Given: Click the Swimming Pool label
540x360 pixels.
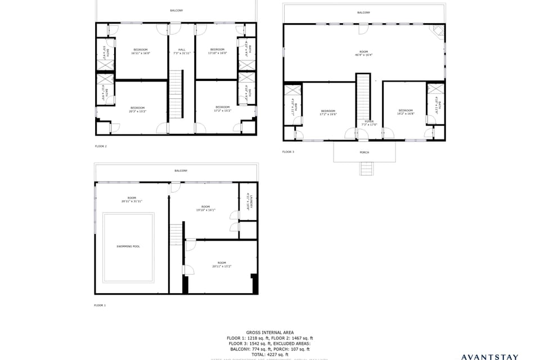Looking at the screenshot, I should point(128,246).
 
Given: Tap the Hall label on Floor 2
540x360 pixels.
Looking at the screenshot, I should point(182,49).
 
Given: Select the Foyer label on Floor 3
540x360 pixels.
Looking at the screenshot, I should point(369,121).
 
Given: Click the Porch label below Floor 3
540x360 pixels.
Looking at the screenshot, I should point(364,152).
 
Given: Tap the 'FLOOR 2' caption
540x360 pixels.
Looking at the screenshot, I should point(101,146).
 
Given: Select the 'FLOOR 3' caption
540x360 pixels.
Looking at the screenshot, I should point(288,152).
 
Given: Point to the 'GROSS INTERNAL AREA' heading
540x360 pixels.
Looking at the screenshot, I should point(269,332).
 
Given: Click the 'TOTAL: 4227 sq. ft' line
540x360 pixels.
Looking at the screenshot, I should point(269,354).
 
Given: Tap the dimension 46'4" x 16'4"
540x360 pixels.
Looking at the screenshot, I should point(363,55).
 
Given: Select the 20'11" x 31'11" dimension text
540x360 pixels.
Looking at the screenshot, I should point(132,201).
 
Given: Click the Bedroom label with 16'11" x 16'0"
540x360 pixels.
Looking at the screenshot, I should point(140,49).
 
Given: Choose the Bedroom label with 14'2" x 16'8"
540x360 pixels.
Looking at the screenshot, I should point(406,110).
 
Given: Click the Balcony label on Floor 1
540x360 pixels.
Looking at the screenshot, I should point(181,170).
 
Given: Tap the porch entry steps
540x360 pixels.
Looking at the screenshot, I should point(367,168).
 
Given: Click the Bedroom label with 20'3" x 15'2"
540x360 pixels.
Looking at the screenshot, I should point(138,107).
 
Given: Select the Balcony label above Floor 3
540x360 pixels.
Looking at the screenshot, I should point(363,12).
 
